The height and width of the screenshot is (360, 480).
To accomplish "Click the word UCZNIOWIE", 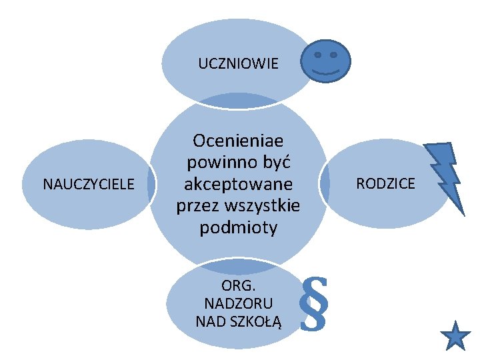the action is [238, 65].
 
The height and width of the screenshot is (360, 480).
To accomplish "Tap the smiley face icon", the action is [325, 59].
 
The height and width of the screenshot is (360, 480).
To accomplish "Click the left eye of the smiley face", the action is [317, 54].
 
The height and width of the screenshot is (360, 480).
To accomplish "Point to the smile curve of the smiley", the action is [325, 69].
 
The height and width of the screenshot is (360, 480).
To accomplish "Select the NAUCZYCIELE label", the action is [89, 183].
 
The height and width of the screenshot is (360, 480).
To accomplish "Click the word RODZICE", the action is [385, 183].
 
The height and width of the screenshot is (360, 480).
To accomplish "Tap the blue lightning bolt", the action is [443, 177].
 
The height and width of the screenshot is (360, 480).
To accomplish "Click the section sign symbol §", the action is [315, 304].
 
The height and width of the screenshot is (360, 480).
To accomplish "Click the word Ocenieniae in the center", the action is [237, 141].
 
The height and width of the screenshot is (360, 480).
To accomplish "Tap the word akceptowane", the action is [239, 183].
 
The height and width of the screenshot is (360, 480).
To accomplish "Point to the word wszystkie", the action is [264, 205].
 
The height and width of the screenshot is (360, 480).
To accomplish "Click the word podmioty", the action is [239, 227].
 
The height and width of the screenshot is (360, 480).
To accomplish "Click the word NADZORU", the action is [238, 303].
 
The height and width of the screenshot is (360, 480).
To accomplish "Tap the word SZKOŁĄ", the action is [257, 321].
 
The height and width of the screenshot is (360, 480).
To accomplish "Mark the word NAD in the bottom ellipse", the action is [209, 321].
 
